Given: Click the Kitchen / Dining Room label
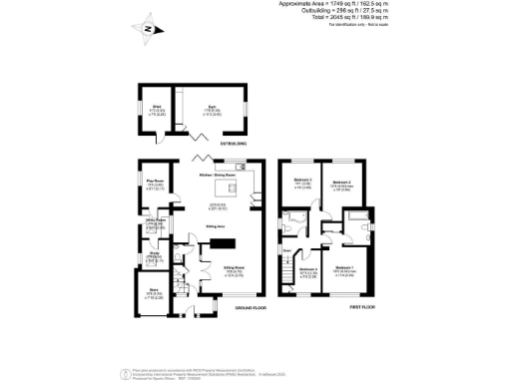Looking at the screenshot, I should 218,175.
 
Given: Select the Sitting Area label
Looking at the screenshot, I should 215,227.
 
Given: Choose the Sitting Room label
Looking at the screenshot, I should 235,268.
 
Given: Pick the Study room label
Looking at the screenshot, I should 155,254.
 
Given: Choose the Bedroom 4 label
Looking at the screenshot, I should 307,269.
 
